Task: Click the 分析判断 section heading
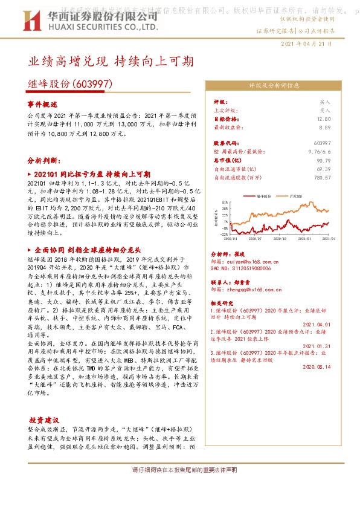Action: click(x=43, y=161)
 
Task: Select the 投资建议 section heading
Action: click(x=44, y=420)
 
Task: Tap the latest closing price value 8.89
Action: click(x=324, y=128)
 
